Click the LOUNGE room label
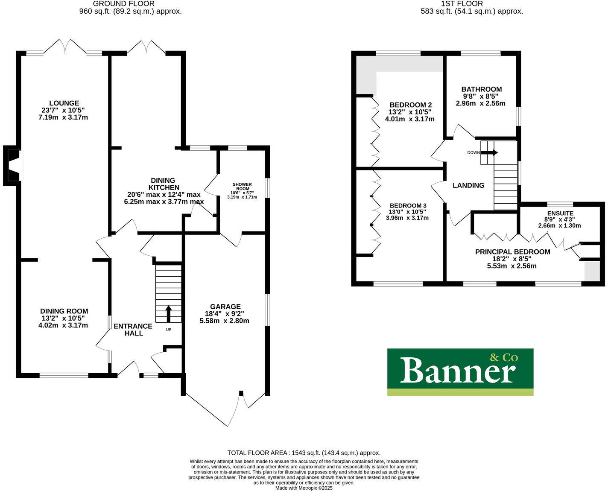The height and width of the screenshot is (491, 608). (x=64, y=103)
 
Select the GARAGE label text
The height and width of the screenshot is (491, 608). (x=225, y=307)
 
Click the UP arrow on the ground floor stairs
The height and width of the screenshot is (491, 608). (x=168, y=313)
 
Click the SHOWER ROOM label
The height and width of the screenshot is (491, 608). (x=242, y=187)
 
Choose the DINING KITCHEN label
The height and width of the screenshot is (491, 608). (x=164, y=184)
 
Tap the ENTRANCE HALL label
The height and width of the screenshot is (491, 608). (x=133, y=329)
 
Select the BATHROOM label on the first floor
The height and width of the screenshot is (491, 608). (x=481, y=89)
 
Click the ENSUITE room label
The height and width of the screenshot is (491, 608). (x=560, y=213)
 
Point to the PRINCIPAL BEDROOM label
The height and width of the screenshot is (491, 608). (x=512, y=252)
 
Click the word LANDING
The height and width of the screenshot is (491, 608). (x=468, y=185)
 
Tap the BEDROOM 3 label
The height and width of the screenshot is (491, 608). (x=408, y=205)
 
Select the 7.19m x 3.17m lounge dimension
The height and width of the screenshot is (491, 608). (x=63, y=117)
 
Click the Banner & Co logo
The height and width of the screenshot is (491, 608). (x=460, y=372)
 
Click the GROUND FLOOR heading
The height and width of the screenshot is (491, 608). (x=124, y=4)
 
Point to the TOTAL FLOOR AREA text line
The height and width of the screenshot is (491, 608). (x=304, y=453)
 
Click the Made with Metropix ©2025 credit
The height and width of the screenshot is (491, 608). (x=304, y=488)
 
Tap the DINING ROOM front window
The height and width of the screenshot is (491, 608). (x=64, y=375)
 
